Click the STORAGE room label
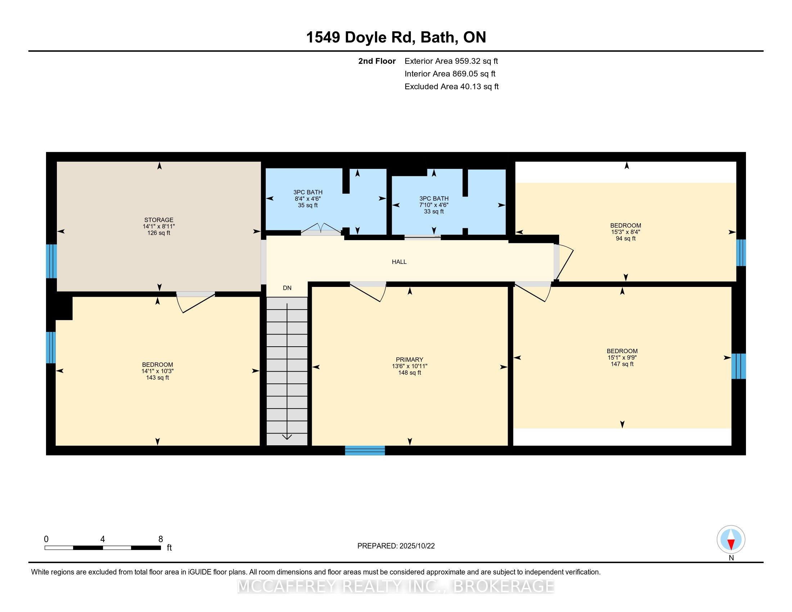click(x=159, y=220)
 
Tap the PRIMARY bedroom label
click(x=409, y=360)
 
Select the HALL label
click(x=399, y=262)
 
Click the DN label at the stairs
click(x=287, y=288)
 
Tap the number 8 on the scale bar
click(x=161, y=539)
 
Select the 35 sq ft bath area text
click(x=307, y=205)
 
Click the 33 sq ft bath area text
click(x=434, y=211)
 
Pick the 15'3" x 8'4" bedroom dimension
click(x=626, y=232)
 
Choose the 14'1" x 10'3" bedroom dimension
click(x=157, y=371)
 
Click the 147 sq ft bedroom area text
click(x=622, y=364)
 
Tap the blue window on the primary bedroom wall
click(x=365, y=450)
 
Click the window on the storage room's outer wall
click(x=51, y=261)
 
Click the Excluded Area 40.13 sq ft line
click(x=451, y=87)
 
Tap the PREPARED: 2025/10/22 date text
click(x=396, y=546)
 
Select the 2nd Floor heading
click(x=377, y=61)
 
